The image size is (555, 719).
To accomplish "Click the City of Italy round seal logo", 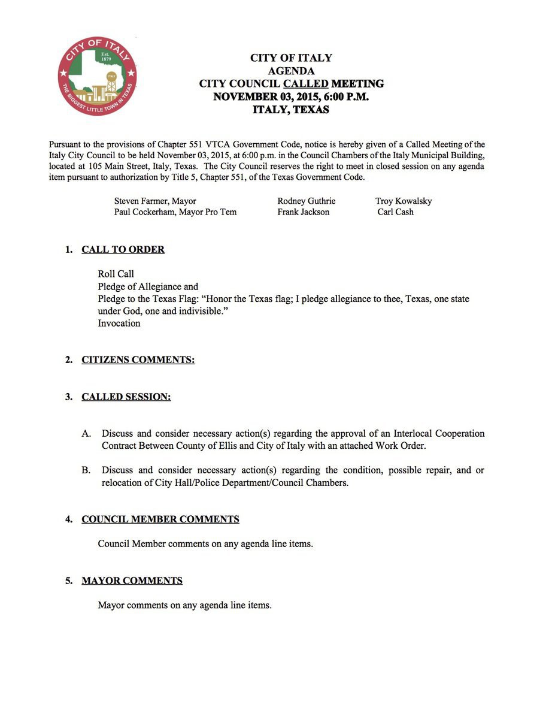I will [x=98, y=75].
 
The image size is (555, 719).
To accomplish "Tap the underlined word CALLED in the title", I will [x=305, y=84].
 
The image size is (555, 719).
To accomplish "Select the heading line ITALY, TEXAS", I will [x=291, y=110].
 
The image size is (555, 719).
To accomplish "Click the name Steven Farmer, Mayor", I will [x=155, y=201].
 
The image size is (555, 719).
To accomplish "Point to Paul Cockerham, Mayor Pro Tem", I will [x=175, y=212].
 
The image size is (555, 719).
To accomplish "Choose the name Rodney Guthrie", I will [x=307, y=201].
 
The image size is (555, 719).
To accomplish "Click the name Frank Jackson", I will [x=304, y=212].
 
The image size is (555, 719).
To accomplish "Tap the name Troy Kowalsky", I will [x=404, y=201].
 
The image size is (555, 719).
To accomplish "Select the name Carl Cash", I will [x=395, y=212].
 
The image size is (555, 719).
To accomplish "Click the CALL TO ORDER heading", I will [x=123, y=250].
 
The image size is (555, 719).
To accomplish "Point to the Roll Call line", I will [x=116, y=274].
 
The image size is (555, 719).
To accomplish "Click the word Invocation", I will [x=119, y=324].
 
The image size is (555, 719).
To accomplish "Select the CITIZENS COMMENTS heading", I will [x=138, y=360].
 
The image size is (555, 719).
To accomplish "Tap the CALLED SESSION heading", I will [x=126, y=397].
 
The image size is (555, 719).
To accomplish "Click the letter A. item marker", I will [x=86, y=434].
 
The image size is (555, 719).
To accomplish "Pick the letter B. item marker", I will [x=86, y=470].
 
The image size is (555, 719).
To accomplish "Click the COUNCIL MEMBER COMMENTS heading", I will [x=160, y=519].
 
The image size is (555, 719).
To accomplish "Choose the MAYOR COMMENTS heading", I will [x=132, y=581].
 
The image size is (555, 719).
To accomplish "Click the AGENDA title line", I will [x=291, y=71].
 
